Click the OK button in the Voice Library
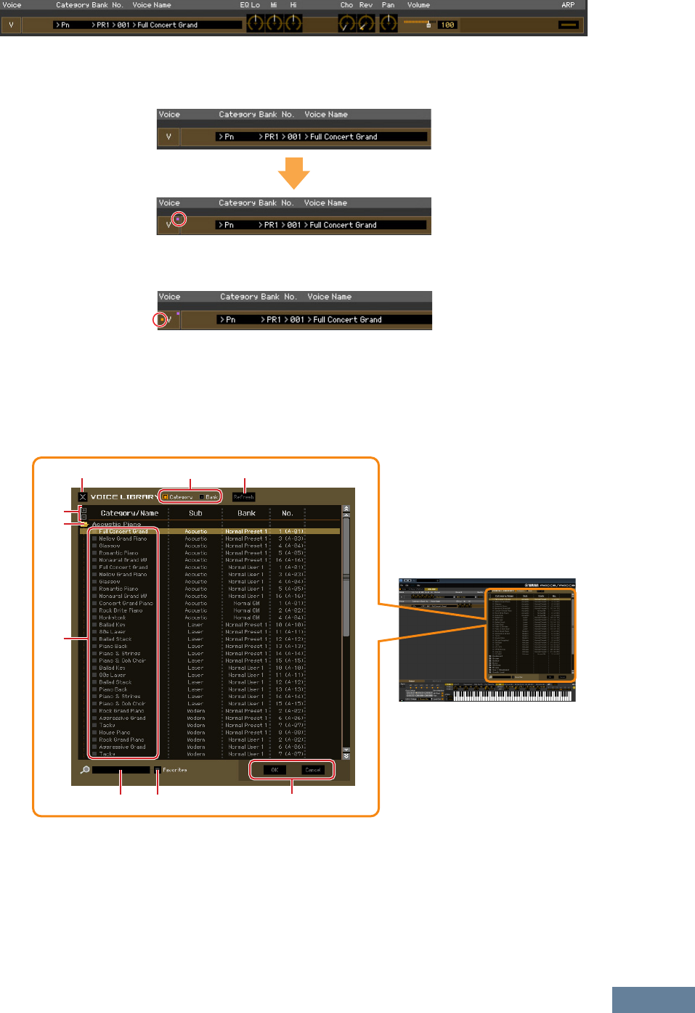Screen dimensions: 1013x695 point(275,770)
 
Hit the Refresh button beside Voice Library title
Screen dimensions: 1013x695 point(244,497)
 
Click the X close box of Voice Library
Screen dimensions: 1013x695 point(83,497)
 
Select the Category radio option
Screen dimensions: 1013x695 point(166,497)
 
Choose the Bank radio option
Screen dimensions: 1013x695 point(203,497)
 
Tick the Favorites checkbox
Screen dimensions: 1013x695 point(158,770)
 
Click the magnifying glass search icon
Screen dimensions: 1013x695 point(85,770)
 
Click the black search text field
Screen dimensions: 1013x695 point(121,770)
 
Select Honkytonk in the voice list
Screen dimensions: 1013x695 point(113,618)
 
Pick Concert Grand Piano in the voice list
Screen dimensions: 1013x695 point(126,603)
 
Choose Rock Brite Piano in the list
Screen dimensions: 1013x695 point(121,610)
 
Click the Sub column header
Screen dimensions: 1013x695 point(195,513)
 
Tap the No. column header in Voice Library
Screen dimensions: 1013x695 point(288,513)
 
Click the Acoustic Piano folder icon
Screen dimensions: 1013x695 point(85,524)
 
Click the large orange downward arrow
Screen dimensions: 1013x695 point(294,174)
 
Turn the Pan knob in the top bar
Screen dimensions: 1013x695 point(389,23)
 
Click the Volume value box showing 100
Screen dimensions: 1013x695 point(447,25)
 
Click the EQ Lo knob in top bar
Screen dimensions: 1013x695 point(256,23)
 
